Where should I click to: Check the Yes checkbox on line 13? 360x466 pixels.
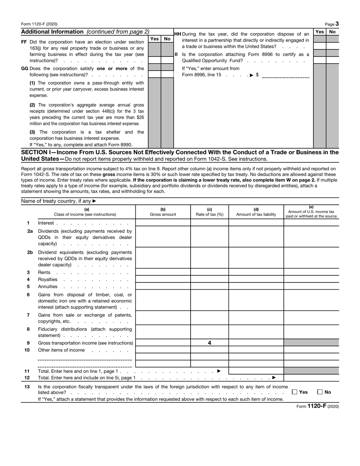click(295, 392)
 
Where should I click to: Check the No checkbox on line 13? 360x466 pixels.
click(320, 392)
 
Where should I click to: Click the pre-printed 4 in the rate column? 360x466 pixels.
click(209, 343)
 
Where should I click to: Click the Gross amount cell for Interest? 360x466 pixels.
click(163, 223)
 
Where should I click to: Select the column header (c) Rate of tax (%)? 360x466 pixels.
click(209, 212)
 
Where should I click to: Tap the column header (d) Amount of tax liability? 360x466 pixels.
click(256, 212)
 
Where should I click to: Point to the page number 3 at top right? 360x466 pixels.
click(337, 24)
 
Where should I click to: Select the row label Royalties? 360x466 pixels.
click(48, 279)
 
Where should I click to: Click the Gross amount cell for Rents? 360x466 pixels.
click(163, 272)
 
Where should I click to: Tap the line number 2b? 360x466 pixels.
click(30, 252)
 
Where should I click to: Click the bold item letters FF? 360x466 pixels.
click(24, 42)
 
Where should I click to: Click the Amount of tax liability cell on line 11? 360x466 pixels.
click(256, 371)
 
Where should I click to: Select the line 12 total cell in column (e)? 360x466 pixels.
click(311, 378)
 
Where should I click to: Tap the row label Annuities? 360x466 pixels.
click(48, 286)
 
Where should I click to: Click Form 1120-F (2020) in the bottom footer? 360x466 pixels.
click(318, 406)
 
